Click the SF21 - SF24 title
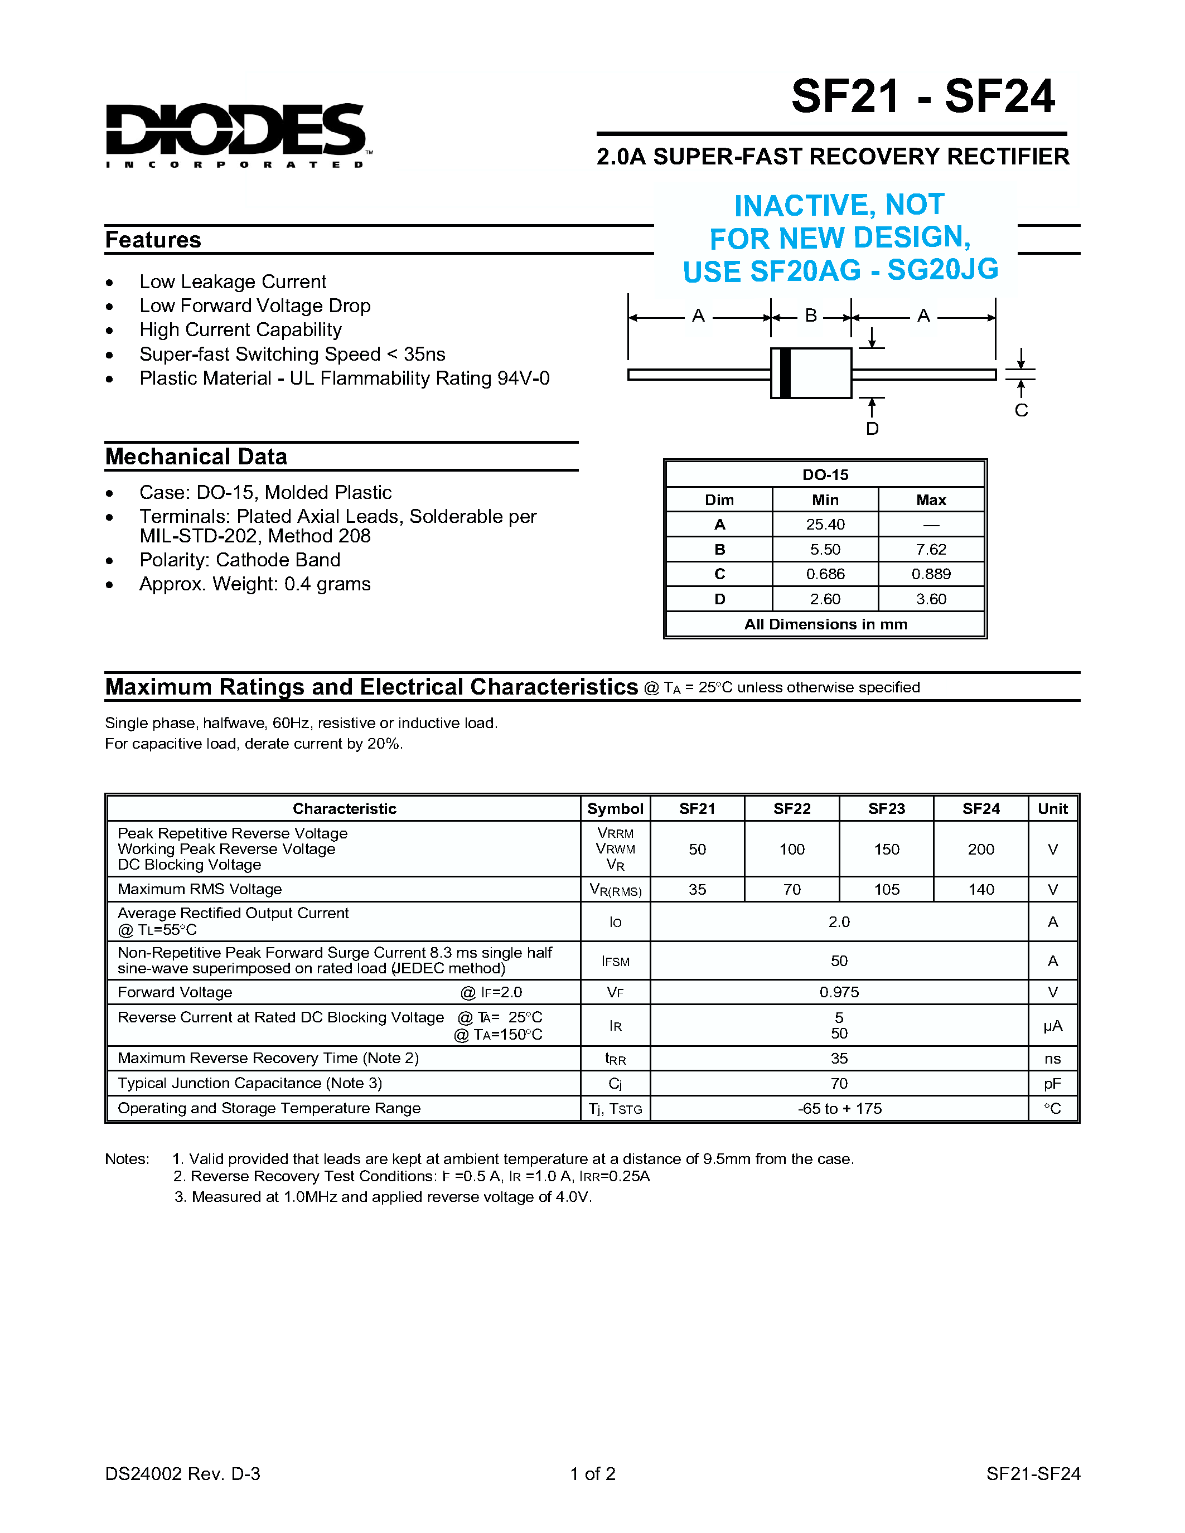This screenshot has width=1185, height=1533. coord(922,96)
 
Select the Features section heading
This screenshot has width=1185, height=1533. coord(153,240)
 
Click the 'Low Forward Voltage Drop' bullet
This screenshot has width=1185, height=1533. coord(254,306)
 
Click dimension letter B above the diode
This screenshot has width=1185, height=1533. coord(811,316)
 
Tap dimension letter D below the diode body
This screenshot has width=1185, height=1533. coord(872,428)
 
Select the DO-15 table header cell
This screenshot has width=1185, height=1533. coord(825,474)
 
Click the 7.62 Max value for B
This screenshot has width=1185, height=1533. coord(930,550)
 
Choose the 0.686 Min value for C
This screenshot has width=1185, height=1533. coord(825,574)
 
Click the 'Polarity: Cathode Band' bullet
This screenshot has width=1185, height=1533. coord(239,560)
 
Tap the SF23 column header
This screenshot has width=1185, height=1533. coord(886,809)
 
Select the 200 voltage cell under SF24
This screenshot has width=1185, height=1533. coord(981,850)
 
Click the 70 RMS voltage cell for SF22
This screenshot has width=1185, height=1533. coord(792,889)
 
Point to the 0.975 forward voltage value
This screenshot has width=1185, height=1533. coord(839,992)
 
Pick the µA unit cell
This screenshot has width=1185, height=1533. coord(1052,1026)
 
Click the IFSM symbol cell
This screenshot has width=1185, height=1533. coord(615,961)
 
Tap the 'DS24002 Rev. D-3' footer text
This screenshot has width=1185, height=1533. coord(182,1473)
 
